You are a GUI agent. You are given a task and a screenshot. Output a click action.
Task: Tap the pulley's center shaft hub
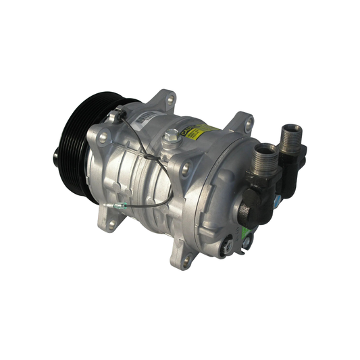tap(57, 157)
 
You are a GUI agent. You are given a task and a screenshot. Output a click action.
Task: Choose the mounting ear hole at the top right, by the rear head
tap(249, 124)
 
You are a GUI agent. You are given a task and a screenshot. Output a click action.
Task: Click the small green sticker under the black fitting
tap(247, 240)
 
